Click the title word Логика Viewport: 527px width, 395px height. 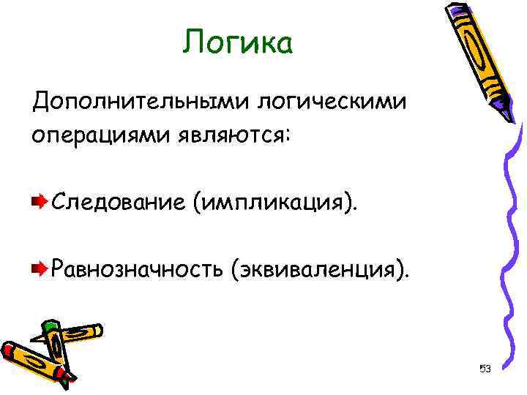point(238,43)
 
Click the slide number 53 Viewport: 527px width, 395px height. point(484,368)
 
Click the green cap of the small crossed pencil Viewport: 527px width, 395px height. point(49,327)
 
